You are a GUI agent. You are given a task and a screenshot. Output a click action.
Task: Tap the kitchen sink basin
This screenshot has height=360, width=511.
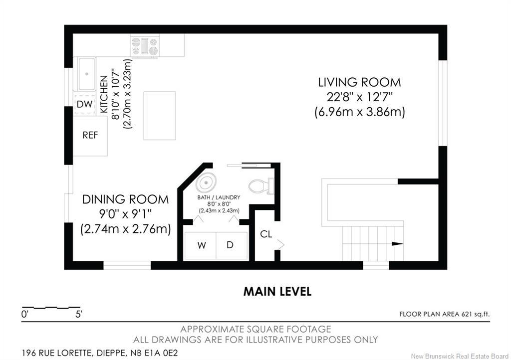coord(87,74)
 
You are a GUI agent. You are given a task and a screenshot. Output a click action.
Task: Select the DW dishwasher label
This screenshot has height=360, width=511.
coord(85,104)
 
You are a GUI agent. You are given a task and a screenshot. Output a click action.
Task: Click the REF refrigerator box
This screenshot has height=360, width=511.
coord(90,136)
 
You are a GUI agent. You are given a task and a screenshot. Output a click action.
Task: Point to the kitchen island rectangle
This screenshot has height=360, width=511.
coord(160,116)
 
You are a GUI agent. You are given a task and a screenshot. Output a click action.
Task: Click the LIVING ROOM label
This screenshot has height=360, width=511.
coord(359,82)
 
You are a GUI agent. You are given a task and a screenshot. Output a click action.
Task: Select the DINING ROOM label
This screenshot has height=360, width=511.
coord(125,199)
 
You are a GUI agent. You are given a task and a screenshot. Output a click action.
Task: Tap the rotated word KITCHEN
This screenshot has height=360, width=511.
coord(104,94)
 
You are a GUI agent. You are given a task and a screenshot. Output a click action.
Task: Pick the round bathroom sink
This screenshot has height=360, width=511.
coord(206,182)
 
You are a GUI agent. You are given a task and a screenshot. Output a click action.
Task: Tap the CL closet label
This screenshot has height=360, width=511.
coord(266,234)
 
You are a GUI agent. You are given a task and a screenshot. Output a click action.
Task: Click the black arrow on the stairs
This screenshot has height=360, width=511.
coord(397,244)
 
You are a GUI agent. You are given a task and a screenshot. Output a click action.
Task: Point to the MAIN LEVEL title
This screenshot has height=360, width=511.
coord(277,291)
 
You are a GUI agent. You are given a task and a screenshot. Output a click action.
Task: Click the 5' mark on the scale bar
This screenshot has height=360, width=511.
coord(78,315)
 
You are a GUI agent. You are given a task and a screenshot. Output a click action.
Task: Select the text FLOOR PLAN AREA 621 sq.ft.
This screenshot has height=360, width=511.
coord(445,314)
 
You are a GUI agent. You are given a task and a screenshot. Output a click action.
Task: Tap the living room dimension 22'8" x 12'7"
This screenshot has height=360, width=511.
coord(360,97)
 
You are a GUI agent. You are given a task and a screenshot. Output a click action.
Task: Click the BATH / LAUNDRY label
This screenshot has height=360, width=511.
coord(219,197)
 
